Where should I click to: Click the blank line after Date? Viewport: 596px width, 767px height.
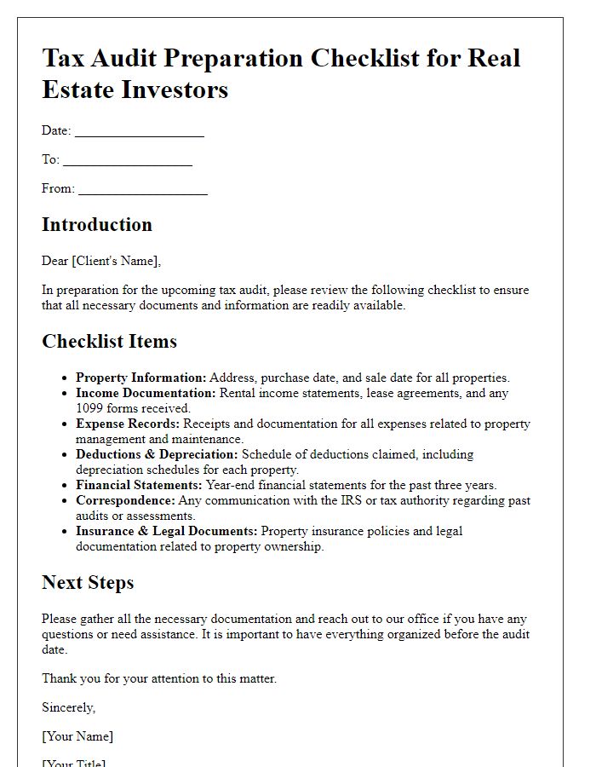pyautogui.click(x=140, y=132)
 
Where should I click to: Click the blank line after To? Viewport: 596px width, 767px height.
pyautogui.click(x=128, y=161)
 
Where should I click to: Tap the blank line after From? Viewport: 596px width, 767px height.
pyautogui.click(x=143, y=190)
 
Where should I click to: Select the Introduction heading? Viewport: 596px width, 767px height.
pyautogui.click(x=97, y=225)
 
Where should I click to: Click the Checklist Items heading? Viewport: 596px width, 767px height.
pyautogui.click(x=109, y=342)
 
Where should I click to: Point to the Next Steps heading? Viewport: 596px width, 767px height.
pyautogui.click(x=88, y=583)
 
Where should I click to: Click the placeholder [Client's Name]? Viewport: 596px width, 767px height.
pyautogui.click(x=117, y=261)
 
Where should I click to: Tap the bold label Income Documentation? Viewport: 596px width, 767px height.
pyautogui.click(x=146, y=393)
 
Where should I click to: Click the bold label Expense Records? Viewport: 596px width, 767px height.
pyautogui.click(x=128, y=424)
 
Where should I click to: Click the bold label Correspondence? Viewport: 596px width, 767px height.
pyautogui.click(x=126, y=500)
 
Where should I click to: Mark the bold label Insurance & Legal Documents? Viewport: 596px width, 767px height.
pyautogui.click(x=167, y=531)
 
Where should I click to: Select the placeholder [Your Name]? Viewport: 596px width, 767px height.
pyautogui.click(x=77, y=736)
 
